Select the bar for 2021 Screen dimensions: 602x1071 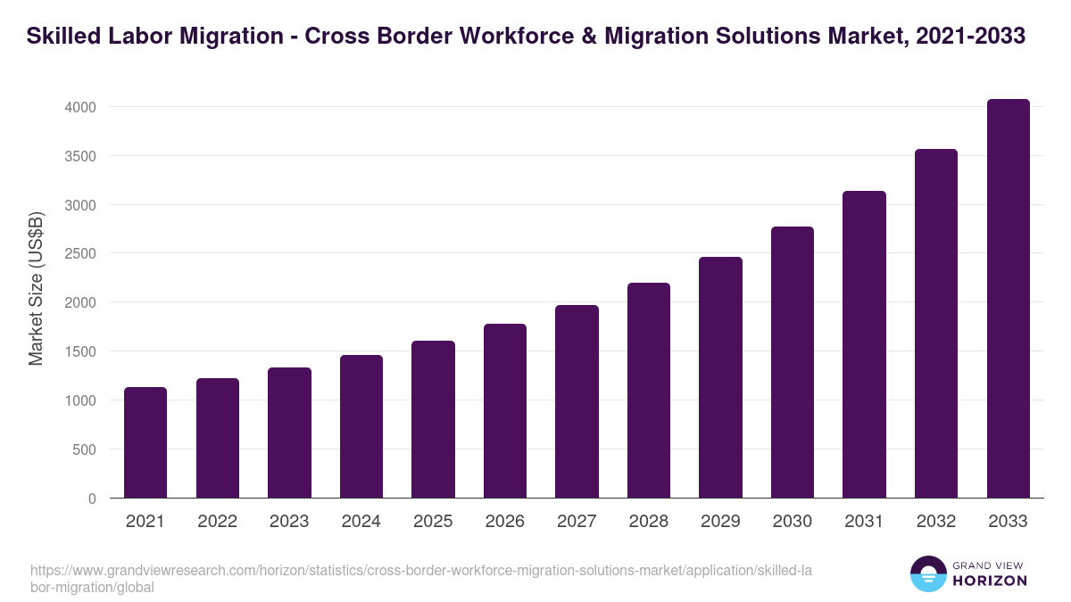point(145,442)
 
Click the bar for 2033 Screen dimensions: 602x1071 point(1008,299)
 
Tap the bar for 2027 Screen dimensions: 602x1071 point(577,401)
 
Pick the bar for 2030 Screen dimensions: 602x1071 point(793,362)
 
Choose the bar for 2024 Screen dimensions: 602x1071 point(361,426)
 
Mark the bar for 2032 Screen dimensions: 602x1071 point(936,324)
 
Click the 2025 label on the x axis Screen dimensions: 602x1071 point(433,522)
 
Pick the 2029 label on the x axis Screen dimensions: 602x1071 point(720,522)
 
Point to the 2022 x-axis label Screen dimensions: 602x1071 point(217,522)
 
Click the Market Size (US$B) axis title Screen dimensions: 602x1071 point(36,287)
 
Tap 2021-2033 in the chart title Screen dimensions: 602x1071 point(971,37)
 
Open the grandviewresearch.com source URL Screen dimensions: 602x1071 point(419,578)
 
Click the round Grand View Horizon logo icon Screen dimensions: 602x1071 point(928,573)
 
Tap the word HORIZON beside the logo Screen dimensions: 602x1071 point(990,581)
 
